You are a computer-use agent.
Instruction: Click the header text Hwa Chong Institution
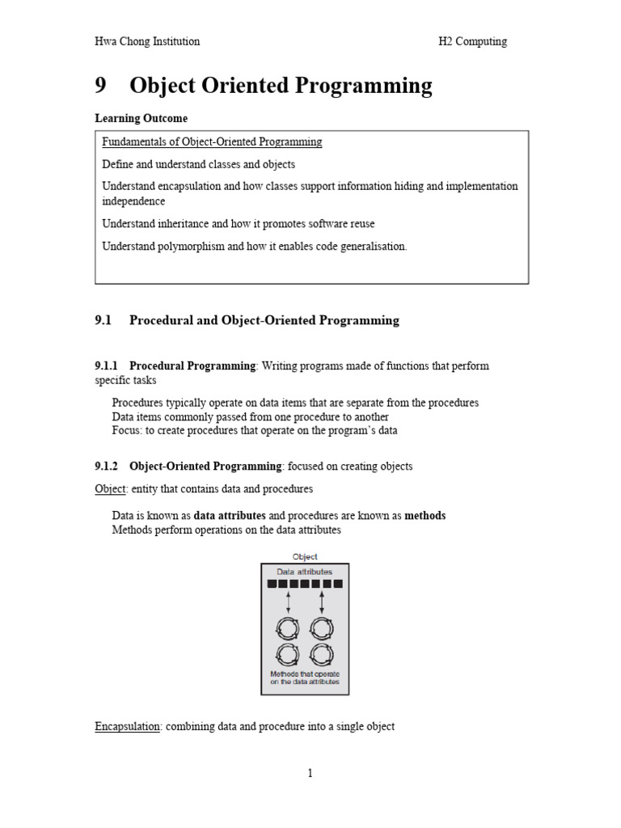tap(147, 41)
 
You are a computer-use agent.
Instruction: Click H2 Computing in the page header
tap(467, 41)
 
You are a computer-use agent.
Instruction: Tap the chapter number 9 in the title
tap(102, 86)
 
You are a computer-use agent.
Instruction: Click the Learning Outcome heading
tap(141, 118)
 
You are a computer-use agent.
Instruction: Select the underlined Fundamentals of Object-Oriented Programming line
tap(212, 142)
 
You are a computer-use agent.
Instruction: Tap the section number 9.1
tap(103, 320)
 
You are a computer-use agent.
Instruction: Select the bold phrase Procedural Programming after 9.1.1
tap(192, 365)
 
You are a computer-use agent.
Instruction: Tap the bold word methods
tap(425, 515)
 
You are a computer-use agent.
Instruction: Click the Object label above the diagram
tap(305, 556)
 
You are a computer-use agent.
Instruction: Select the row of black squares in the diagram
tap(305, 584)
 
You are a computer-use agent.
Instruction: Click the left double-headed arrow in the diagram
tap(289, 602)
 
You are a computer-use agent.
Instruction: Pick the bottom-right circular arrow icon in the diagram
tap(321, 653)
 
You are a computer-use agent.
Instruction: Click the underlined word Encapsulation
tap(128, 726)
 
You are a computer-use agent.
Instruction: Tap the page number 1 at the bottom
tap(310, 774)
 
